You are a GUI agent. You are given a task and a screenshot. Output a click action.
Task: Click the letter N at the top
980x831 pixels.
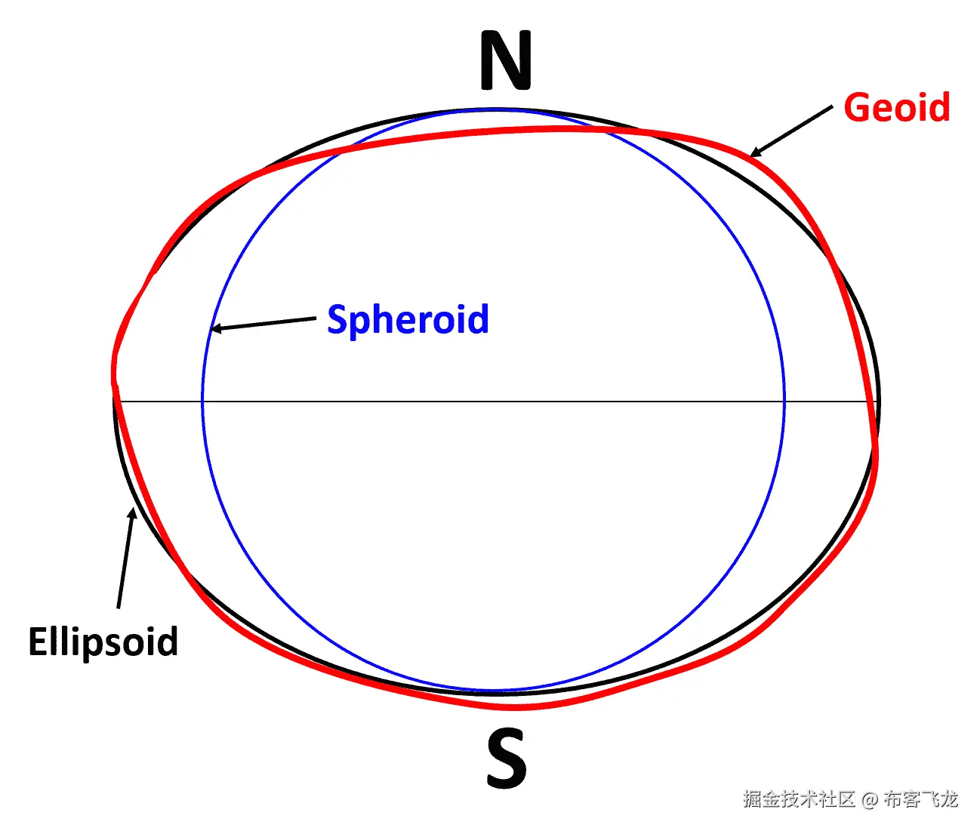click(x=506, y=61)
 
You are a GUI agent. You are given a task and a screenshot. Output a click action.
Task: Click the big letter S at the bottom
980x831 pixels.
click(x=506, y=759)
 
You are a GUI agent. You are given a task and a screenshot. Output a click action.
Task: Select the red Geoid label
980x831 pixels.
click(x=896, y=108)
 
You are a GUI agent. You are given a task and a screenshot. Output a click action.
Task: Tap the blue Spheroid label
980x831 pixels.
click(x=408, y=320)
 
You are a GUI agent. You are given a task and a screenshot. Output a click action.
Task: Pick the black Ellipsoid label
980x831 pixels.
click(x=103, y=642)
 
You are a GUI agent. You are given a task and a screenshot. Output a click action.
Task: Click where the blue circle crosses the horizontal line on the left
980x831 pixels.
click(x=202, y=402)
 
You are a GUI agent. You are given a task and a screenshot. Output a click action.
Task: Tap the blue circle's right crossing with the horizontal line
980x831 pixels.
click(x=784, y=402)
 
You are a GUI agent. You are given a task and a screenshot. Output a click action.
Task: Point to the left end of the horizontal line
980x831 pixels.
click(x=115, y=402)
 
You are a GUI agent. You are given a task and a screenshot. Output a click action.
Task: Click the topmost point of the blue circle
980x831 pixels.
click(x=494, y=110)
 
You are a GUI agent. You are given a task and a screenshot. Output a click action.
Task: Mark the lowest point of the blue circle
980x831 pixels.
click(x=494, y=691)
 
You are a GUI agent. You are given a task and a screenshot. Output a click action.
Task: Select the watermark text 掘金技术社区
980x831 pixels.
click(x=798, y=799)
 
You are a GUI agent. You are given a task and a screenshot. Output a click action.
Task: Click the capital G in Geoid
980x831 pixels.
click(x=856, y=108)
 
